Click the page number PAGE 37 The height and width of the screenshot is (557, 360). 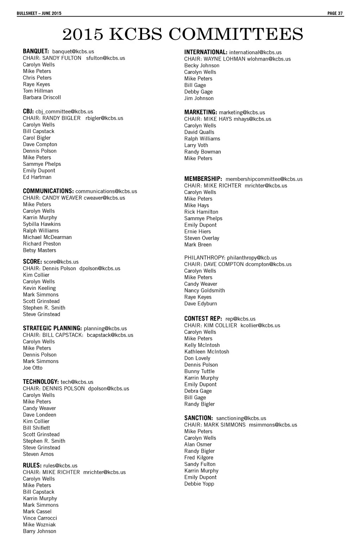click(x=335, y=13)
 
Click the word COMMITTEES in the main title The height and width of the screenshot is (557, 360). click(x=236, y=34)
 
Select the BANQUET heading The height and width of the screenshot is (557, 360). click(x=36, y=51)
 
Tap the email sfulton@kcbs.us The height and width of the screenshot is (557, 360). click(x=105, y=58)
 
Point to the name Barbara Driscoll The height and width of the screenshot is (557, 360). click(x=42, y=97)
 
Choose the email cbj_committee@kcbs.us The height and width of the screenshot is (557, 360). click(x=64, y=112)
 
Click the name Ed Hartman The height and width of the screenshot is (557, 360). click(x=37, y=177)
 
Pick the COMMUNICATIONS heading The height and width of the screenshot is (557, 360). click(x=48, y=191)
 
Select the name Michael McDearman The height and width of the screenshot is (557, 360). click(x=47, y=237)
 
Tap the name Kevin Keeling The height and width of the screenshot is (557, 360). click(x=39, y=288)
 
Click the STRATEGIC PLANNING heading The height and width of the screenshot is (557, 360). click(x=52, y=328)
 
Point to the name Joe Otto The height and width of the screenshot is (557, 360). click(x=33, y=368)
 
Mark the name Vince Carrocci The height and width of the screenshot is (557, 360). click(x=40, y=518)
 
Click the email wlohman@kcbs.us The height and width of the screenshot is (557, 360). click(x=269, y=59)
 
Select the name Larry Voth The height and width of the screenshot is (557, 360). click(x=196, y=145)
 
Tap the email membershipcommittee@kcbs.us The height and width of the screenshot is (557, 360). click(x=264, y=179)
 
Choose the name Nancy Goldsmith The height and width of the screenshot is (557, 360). click(x=205, y=291)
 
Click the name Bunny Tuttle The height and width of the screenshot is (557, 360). click(x=199, y=372)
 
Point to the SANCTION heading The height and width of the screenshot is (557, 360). click(x=199, y=418)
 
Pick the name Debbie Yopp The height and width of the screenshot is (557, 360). click(x=199, y=484)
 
